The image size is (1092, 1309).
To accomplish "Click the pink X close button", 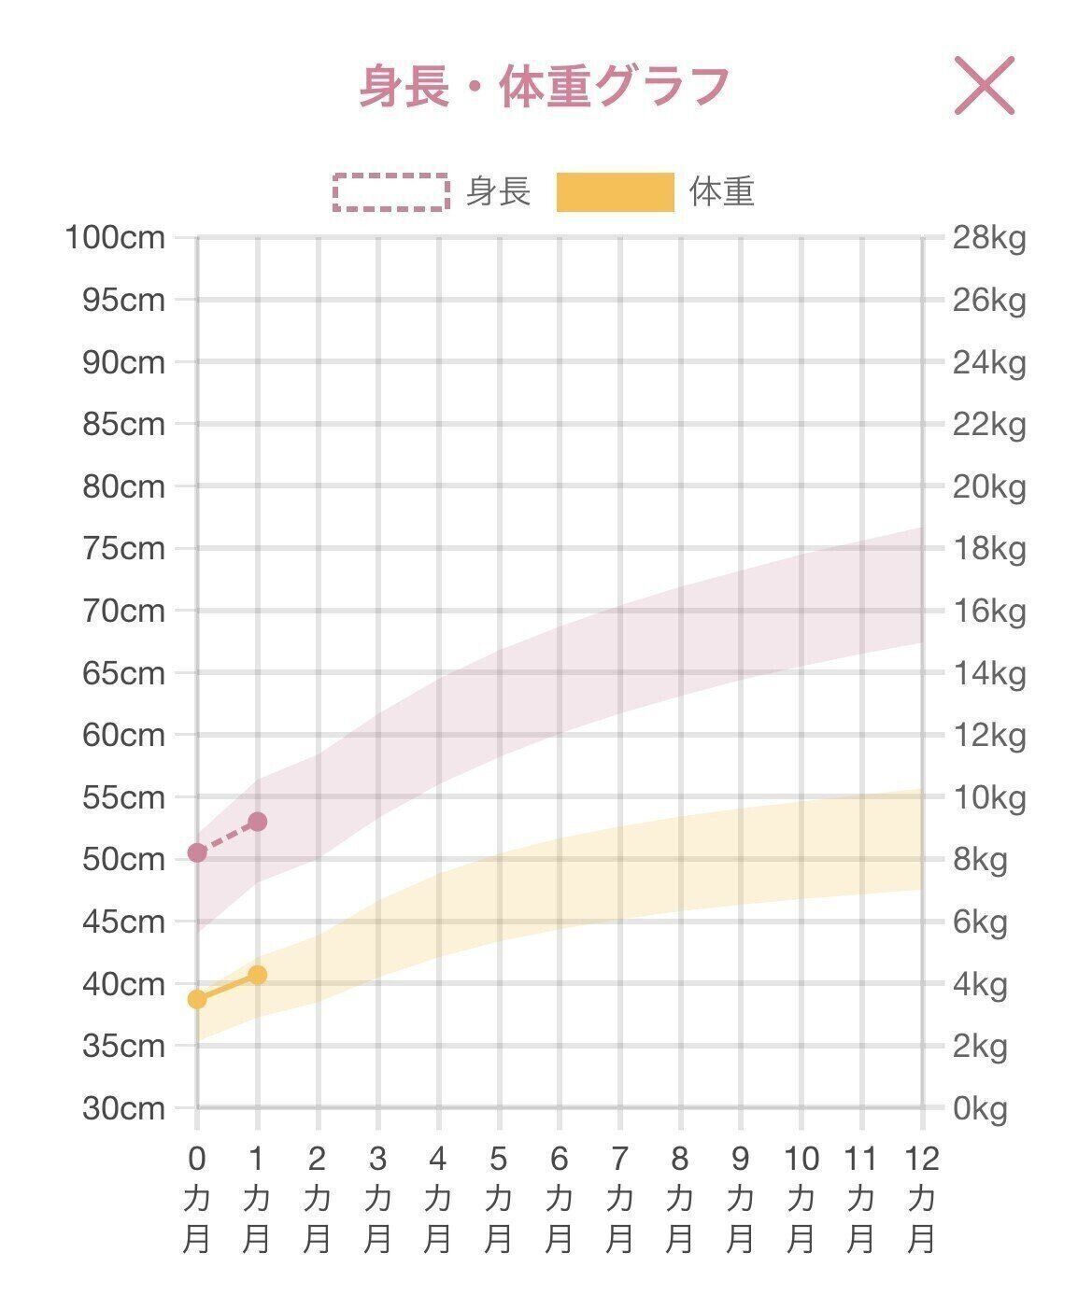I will (984, 86).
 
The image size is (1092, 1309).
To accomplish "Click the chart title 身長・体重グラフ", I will (545, 87).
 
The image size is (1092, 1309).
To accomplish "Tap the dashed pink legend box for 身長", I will (391, 192).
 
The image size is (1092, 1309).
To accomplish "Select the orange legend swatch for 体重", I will (615, 192).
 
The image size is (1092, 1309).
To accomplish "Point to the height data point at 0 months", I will (197, 852).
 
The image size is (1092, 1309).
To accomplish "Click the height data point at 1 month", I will (258, 822).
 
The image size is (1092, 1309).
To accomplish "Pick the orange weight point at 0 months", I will (197, 999).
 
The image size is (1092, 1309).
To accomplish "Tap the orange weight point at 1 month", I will (258, 975).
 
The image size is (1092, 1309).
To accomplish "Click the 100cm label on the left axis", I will (115, 238).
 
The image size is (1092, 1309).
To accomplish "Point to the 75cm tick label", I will (123, 548).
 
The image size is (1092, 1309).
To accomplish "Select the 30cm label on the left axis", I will (123, 1108).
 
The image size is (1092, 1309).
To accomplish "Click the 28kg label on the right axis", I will (988, 238).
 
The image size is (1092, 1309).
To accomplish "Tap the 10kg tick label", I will (988, 797).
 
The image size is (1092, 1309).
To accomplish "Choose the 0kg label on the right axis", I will (980, 1108).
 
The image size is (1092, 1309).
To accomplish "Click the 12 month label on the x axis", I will (921, 1200).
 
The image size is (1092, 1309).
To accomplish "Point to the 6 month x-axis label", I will (559, 1200).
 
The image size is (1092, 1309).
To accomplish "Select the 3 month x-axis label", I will (377, 1200).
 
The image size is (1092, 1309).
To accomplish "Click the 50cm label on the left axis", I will (123, 859).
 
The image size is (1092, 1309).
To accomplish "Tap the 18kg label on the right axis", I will (988, 548).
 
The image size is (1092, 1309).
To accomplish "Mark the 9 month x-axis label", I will (740, 1200).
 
